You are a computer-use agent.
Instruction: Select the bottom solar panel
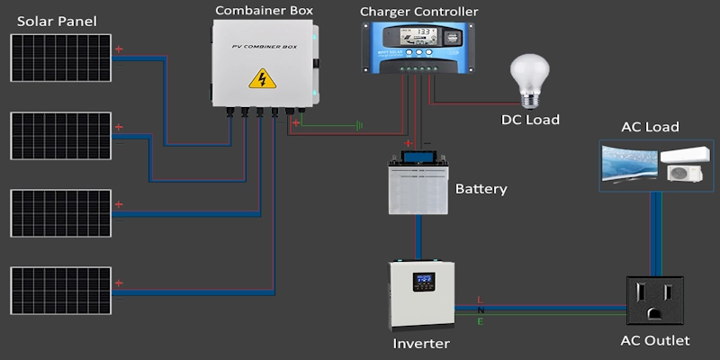tap(62, 291)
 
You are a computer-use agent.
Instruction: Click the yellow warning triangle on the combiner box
tap(262, 78)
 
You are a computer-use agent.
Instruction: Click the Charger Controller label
tap(418, 12)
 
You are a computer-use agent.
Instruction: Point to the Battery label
tap(481, 189)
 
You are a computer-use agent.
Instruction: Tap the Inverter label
tap(421, 343)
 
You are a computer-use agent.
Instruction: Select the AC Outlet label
tap(655, 341)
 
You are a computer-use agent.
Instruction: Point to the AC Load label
tap(650, 127)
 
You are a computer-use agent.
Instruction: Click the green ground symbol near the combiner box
tap(358, 125)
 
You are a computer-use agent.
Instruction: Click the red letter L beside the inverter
tap(480, 299)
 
